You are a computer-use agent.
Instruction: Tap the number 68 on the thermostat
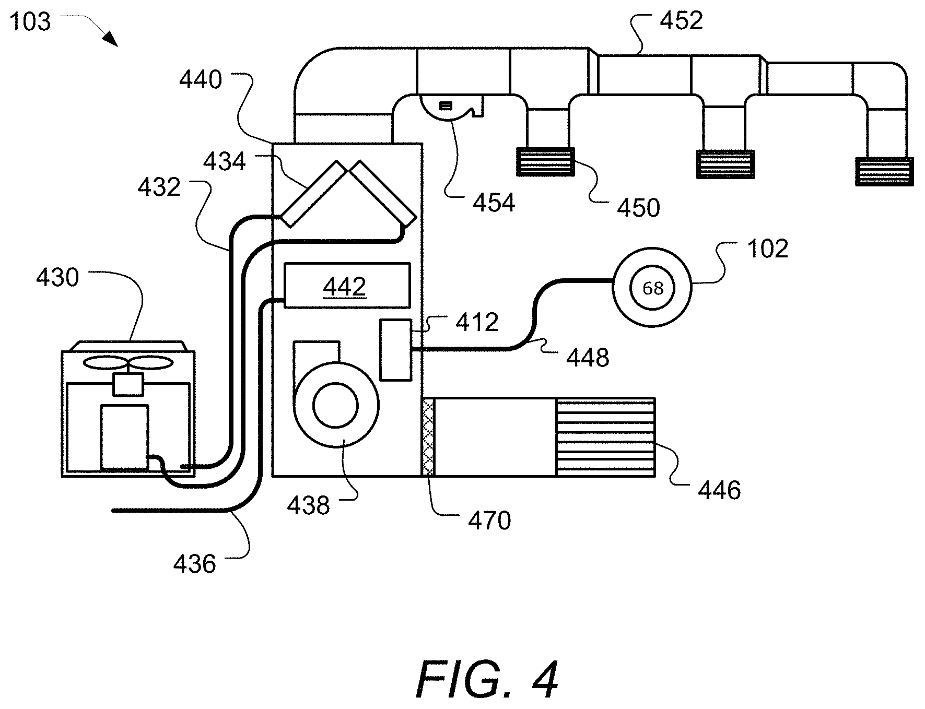point(652,288)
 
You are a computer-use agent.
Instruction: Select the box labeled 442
point(346,285)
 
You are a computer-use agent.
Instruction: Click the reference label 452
point(681,21)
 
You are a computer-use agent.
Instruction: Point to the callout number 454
point(494,203)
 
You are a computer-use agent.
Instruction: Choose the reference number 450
point(638,208)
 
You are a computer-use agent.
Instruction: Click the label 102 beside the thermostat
point(767,249)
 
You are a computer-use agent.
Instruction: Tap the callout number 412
point(477,323)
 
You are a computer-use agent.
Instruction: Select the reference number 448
point(588,358)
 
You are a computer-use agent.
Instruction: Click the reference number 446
point(719,491)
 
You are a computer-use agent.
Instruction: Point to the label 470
point(489,521)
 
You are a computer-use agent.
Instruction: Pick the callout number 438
point(308,506)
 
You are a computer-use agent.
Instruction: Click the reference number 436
point(194,564)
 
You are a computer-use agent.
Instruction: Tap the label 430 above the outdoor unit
point(57,278)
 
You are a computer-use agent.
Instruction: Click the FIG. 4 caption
point(487,680)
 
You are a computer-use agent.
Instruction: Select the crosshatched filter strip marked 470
point(428,437)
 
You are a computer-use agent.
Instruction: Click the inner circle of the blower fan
point(335,406)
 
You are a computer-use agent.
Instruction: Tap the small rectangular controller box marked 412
point(395,349)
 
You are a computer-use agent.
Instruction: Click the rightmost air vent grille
point(885,172)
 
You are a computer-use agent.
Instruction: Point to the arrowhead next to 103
point(110,39)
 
